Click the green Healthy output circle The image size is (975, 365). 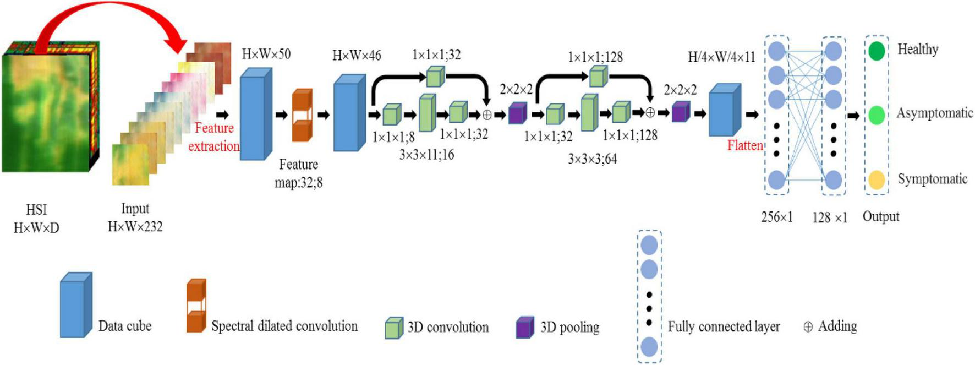[877, 51]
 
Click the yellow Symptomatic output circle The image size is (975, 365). [877, 179]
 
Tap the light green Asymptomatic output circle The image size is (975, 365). [877, 115]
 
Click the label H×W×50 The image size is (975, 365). [266, 54]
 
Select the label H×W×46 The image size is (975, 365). [357, 56]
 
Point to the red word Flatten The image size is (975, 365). [745, 146]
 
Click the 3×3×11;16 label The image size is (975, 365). [426, 155]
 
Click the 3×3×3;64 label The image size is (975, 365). [592, 160]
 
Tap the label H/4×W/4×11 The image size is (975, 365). [721, 57]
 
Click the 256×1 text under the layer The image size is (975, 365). [776, 217]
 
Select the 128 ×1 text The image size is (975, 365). [830, 218]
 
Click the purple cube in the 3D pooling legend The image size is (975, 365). [524, 328]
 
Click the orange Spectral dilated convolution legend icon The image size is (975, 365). [196, 306]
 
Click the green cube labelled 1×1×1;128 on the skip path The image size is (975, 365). [598, 77]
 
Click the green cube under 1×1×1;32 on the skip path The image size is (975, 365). [435, 77]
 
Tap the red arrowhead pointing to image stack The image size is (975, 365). [178, 43]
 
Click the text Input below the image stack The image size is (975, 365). [135, 209]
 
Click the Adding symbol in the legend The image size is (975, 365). [808, 327]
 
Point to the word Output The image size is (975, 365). [880, 216]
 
